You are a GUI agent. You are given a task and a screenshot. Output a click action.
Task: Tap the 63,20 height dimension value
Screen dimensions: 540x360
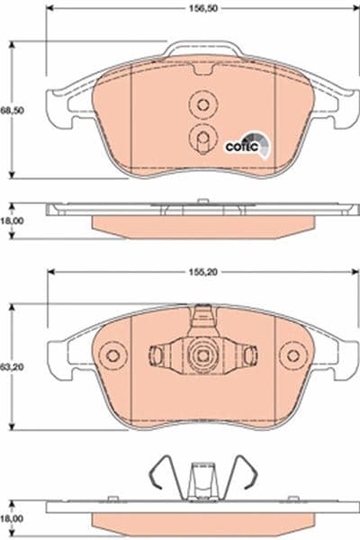click(x=10, y=367)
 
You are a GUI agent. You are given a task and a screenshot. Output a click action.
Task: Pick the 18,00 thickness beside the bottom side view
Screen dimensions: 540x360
click(x=10, y=520)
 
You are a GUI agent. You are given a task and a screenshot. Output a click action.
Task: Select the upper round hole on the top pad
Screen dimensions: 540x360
click(x=199, y=105)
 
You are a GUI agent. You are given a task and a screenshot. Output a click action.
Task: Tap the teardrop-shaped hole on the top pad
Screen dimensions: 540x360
click(x=200, y=137)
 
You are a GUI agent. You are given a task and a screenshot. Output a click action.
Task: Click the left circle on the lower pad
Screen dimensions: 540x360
click(x=112, y=356)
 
